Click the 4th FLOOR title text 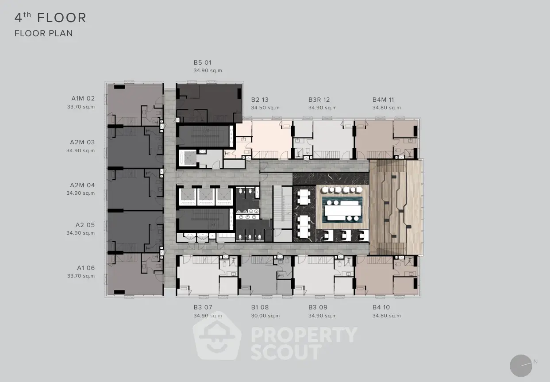coord(50,18)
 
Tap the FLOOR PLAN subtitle coord(44,33)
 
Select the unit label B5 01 coord(202,63)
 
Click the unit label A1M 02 coord(83,99)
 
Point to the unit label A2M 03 coord(82,142)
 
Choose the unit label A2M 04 coord(82,185)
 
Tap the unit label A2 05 coord(85,225)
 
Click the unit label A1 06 coord(86,268)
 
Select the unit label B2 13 coord(260,100)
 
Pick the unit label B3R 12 coord(319,100)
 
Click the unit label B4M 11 coord(383,100)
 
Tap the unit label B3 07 coord(203,307)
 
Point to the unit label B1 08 coord(260,307)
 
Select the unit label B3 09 coord(318,307)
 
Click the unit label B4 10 coord(381,307)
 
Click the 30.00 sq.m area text coord(265,316)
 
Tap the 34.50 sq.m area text coord(265,108)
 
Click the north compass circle coord(521,366)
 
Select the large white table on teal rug coord(343,211)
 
